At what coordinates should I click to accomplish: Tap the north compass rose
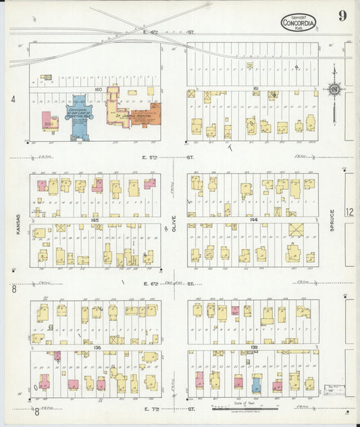[x=334, y=88]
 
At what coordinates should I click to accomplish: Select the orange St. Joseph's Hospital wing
[x=145, y=115]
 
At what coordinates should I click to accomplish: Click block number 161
[x=255, y=89]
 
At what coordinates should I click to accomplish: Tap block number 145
[x=97, y=220]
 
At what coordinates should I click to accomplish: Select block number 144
[x=255, y=220]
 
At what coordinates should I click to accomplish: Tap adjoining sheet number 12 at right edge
[x=349, y=211]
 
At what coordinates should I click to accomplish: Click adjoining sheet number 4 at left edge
[x=13, y=99]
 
